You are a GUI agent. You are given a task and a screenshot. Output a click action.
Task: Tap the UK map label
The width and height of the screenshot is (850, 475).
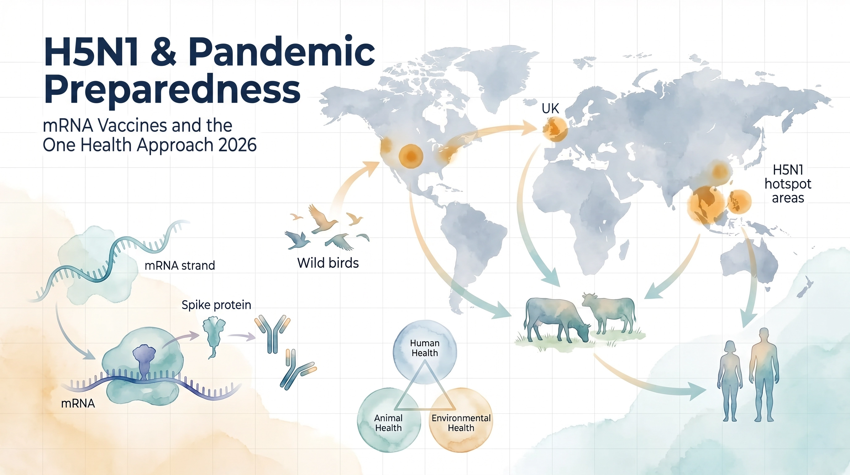[550, 109]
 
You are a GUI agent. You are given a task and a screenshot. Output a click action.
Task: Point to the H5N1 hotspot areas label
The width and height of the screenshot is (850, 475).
[788, 184]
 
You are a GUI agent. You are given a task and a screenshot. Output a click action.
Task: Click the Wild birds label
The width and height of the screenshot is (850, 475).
[328, 263]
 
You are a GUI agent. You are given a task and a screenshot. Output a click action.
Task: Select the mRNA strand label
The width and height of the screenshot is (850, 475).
[180, 266]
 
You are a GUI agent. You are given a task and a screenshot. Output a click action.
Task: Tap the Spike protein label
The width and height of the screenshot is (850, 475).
[216, 305]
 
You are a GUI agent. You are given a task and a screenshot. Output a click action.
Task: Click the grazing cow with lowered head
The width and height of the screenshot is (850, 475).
[554, 319]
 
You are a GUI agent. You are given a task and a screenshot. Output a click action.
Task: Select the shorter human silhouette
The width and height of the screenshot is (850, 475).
[730, 380]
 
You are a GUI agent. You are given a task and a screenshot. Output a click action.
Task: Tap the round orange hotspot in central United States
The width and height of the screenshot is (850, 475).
[410, 156]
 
